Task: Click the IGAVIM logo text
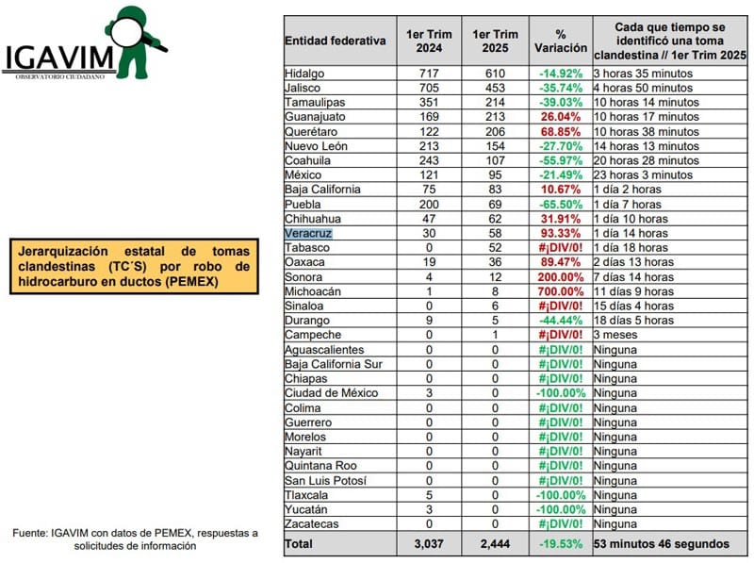58,58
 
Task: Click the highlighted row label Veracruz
308,233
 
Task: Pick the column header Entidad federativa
336,41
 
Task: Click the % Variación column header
561,41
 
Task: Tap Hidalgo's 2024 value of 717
429,73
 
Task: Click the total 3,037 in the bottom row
429,543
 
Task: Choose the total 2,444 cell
494,543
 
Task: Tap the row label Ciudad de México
331,393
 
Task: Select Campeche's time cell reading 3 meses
616,335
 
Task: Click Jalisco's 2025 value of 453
494,88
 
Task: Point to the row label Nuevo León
316,146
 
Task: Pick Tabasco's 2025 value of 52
494,248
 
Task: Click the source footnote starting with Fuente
135,540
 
